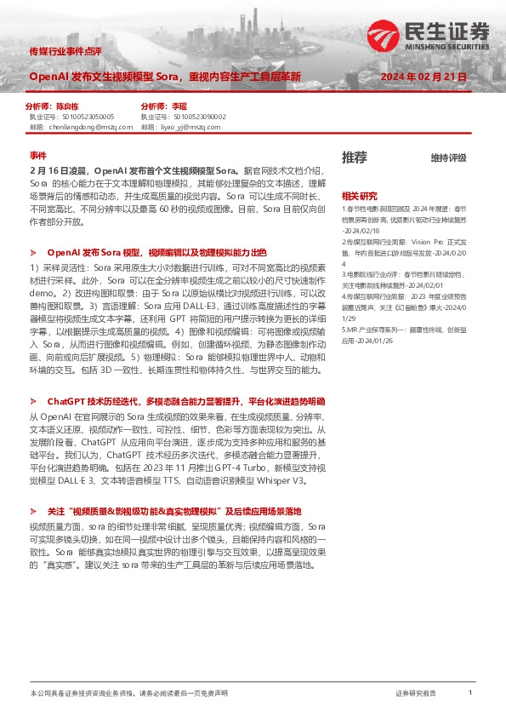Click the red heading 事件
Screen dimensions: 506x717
pyautogui.click(x=37, y=155)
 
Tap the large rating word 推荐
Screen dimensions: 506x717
pyautogui.click(x=355, y=157)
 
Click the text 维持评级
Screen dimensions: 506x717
pyautogui.click(x=448, y=158)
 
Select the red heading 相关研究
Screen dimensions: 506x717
pyautogui.click(x=359, y=196)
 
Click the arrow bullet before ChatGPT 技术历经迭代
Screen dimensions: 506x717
pyautogui.click(x=33, y=399)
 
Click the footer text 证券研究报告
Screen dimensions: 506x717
pyautogui.click(x=416, y=694)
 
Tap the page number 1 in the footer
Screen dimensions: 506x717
pyautogui.click(x=470, y=694)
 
